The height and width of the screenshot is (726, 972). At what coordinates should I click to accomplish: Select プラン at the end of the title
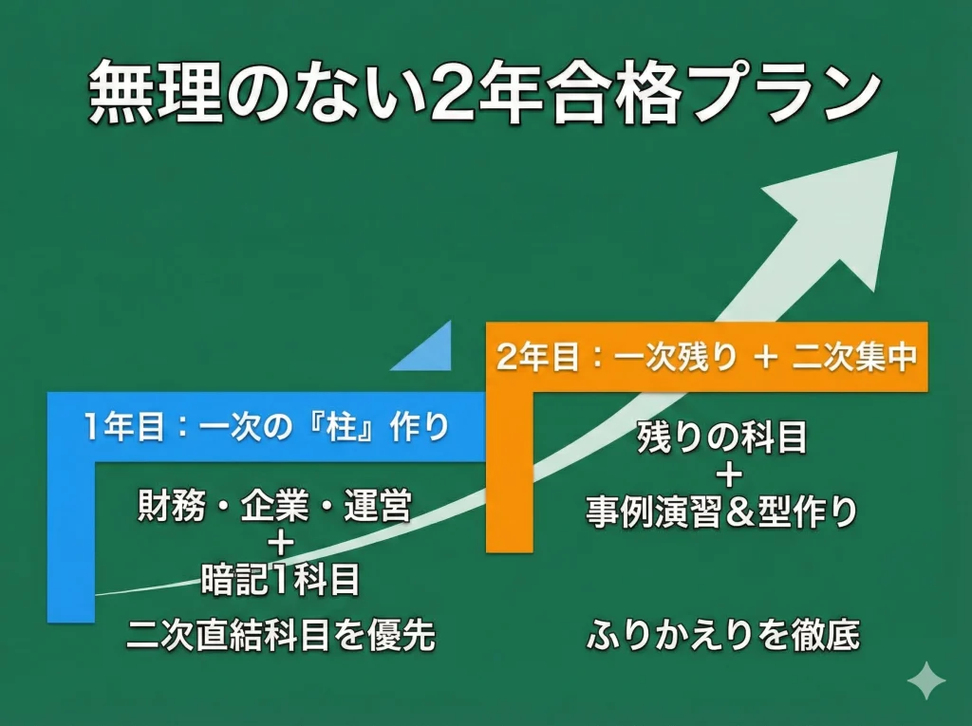771,93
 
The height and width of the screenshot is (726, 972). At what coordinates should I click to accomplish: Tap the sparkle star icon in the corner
925,680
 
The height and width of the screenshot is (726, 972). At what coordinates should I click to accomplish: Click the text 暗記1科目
281,579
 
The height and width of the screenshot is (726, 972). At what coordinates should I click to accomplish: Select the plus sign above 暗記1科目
281,543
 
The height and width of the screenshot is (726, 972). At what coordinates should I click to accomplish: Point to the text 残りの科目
722,438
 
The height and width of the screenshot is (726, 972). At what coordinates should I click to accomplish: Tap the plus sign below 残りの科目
722,475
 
